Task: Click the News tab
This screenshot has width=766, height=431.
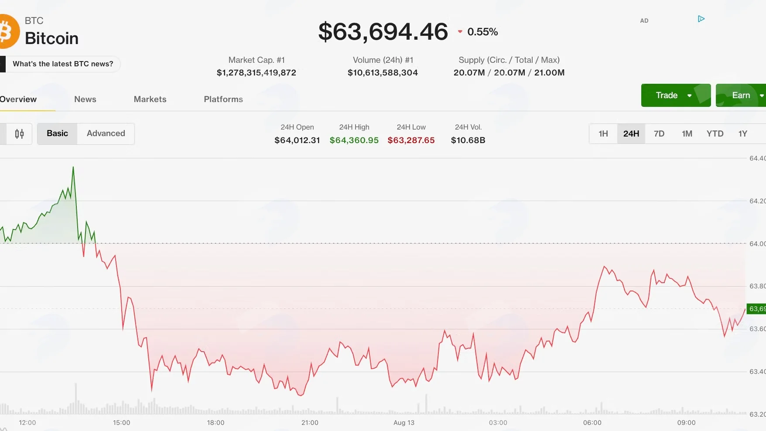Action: tap(85, 99)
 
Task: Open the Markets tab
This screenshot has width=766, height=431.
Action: tap(150, 99)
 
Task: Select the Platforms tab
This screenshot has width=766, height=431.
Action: tap(223, 99)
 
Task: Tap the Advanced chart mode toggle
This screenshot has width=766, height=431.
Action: tap(106, 133)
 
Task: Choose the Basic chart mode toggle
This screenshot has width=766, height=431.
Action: tap(57, 133)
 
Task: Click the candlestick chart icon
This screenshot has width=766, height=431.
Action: tap(19, 134)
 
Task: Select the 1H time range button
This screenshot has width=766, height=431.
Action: tap(603, 133)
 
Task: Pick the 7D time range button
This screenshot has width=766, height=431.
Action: tap(659, 133)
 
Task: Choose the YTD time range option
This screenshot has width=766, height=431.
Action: tap(715, 133)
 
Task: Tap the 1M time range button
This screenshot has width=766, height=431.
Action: tap(687, 133)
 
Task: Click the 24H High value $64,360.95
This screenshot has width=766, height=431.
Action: tap(354, 140)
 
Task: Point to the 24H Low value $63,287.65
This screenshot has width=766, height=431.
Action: tap(411, 140)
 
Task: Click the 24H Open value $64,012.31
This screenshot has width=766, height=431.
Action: tap(297, 140)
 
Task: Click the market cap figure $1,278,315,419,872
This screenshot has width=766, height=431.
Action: tap(256, 72)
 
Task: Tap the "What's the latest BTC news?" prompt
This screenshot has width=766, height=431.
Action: tap(63, 64)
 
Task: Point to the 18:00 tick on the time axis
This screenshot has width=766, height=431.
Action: tap(215, 422)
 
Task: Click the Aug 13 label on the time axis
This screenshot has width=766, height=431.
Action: tap(404, 422)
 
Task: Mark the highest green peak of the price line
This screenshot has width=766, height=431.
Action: tap(73, 167)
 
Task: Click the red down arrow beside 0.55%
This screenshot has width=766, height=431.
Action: tap(460, 31)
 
